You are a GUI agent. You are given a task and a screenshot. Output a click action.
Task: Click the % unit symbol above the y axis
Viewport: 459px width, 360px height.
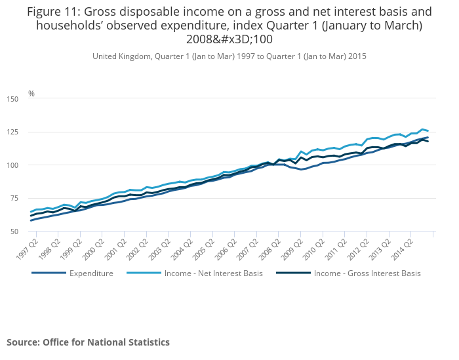pos(31,93)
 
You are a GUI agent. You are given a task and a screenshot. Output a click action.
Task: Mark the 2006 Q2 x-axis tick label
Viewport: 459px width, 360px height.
pos(242,246)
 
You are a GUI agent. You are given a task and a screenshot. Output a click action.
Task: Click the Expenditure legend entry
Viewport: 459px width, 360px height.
pos(91,273)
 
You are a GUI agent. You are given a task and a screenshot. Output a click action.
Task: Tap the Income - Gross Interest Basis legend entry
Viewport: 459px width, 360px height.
pos(367,273)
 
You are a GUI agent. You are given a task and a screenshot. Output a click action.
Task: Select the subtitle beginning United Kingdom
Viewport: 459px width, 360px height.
pos(229,56)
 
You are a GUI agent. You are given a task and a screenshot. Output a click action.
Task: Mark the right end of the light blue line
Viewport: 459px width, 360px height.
pos(428,131)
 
